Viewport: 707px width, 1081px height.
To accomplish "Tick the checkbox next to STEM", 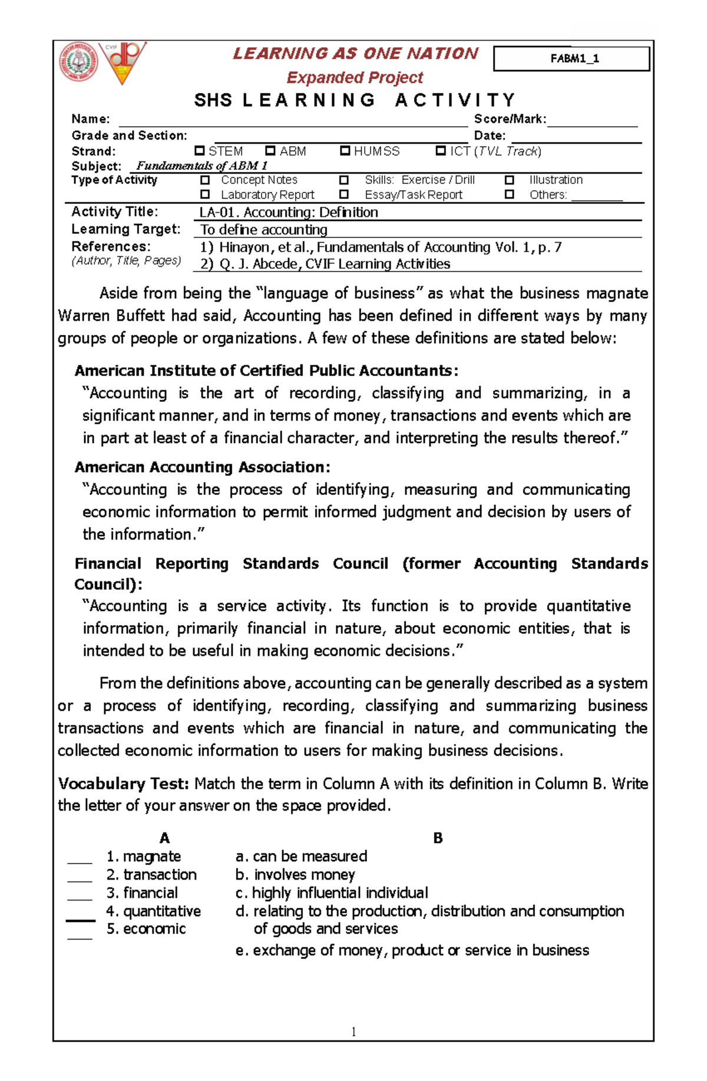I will click(200, 151).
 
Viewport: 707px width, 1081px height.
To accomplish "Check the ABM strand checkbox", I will click(270, 151).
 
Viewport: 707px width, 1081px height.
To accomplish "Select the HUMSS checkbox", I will click(345, 151).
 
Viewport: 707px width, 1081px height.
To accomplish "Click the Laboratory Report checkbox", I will click(205, 194).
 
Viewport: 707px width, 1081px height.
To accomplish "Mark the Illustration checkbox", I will click(510, 180).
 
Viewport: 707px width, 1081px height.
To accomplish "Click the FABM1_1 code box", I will click(571, 58).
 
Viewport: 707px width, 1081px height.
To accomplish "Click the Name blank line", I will click(293, 122).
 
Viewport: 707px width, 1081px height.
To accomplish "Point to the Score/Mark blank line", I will click(592, 122).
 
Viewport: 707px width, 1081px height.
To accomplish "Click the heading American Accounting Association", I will click(202, 467).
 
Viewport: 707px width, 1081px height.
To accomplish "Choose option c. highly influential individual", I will click(332, 892).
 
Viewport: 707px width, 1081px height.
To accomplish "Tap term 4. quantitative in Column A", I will click(153, 911).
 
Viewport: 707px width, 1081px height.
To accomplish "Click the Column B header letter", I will click(438, 838).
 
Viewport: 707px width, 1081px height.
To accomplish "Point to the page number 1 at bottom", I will click(353, 1031).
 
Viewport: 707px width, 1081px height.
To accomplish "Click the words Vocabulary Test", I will click(123, 784).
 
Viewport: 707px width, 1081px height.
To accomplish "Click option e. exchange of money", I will click(412, 950).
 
